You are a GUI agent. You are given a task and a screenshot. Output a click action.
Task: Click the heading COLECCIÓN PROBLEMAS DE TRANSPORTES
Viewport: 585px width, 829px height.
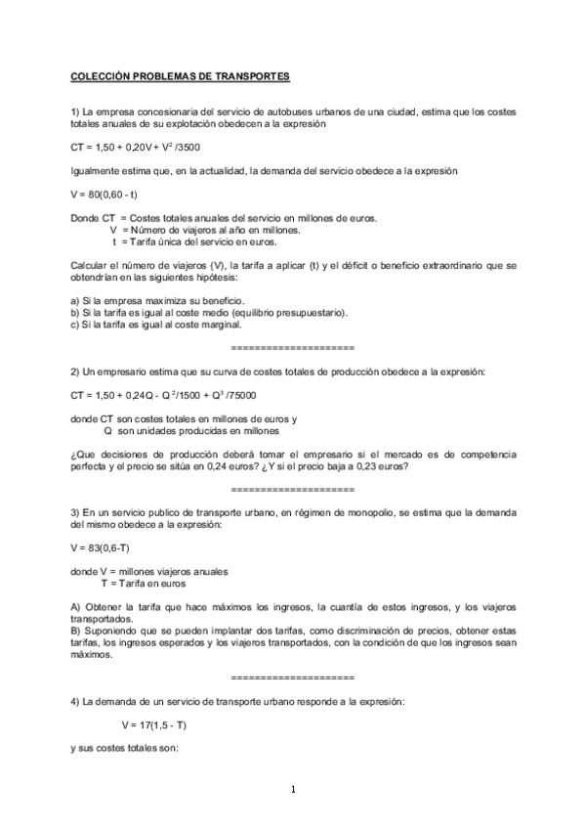click(181, 75)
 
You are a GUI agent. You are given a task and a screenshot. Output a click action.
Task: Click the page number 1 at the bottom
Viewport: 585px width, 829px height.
click(292, 790)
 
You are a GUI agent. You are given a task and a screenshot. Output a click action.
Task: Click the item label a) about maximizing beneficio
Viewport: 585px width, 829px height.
click(75, 299)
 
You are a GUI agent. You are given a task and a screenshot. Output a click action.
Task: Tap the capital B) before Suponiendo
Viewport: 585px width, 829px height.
click(76, 632)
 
